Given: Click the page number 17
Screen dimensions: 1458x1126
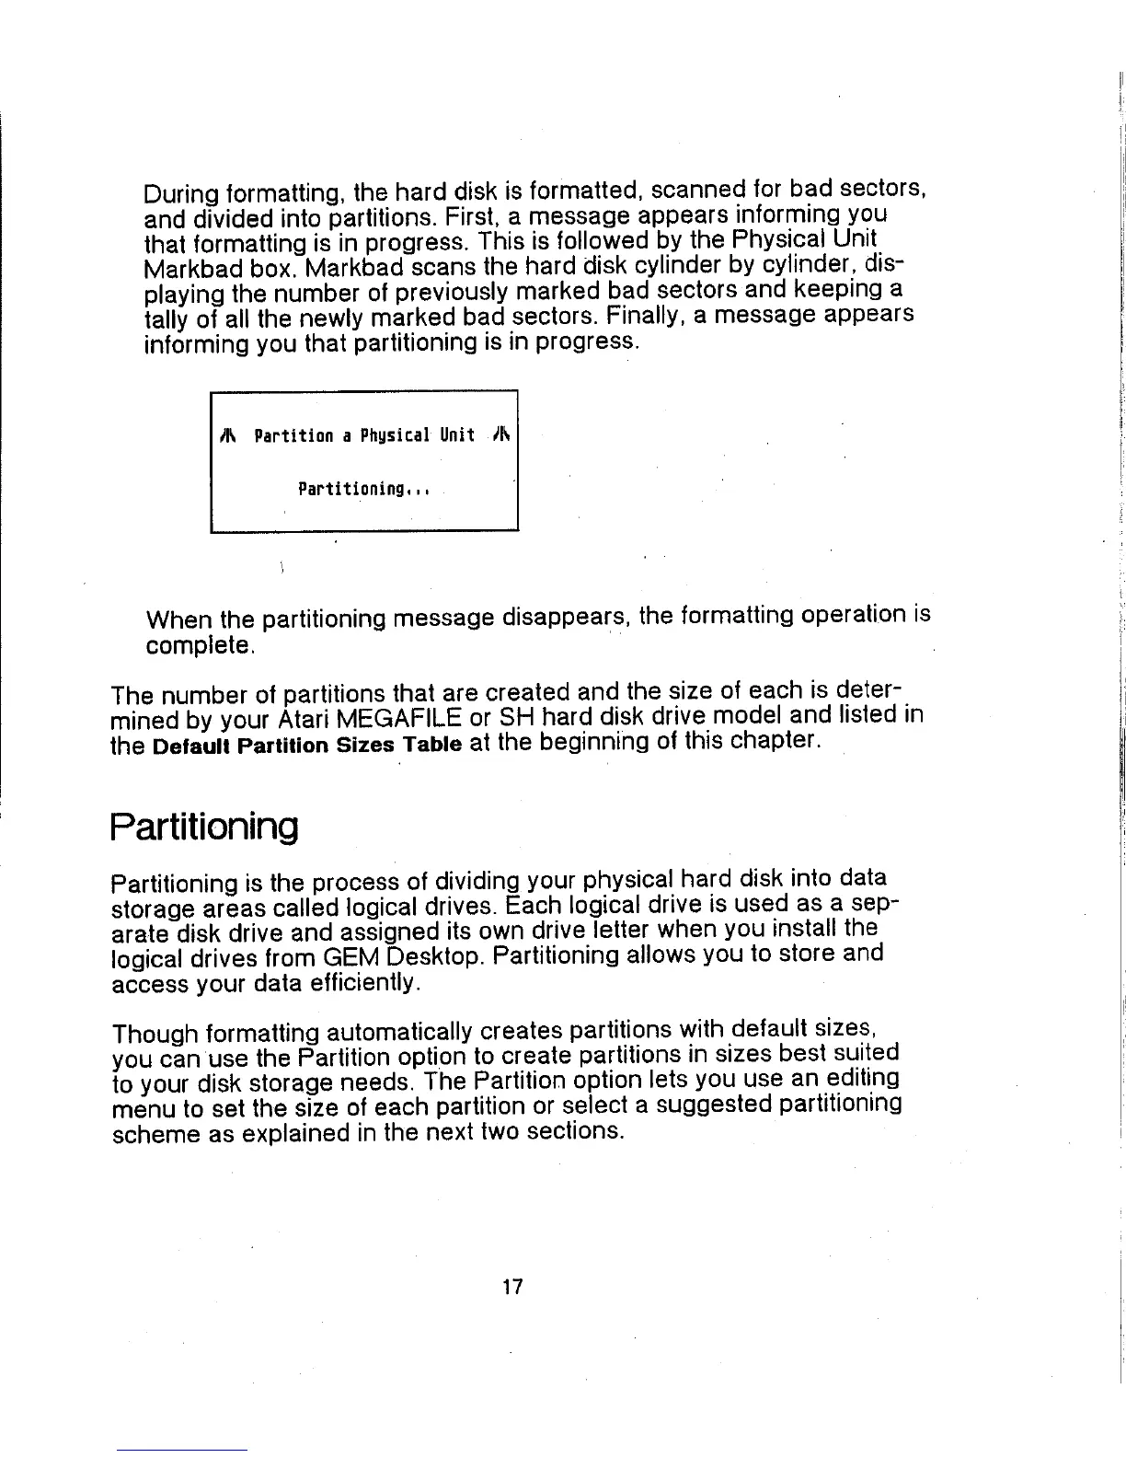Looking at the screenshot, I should point(512,1288).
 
